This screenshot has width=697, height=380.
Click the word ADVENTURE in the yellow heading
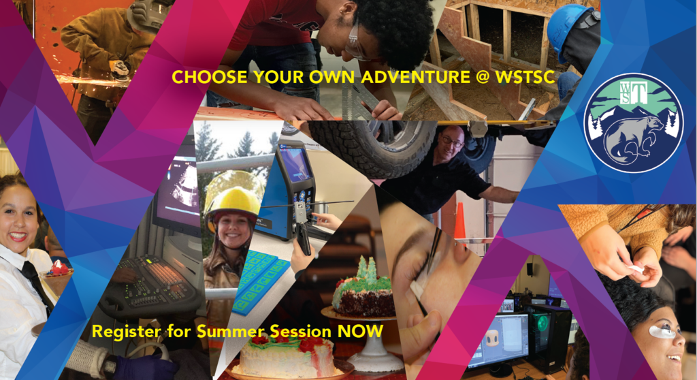pos(415,77)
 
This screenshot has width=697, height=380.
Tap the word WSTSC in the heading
pos(525,77)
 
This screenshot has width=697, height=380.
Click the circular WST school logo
pos(634,123)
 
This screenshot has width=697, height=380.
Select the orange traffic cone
pos(460,221)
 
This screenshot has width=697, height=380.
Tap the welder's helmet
pos(149,14)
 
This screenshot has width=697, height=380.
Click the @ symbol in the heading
pos(483,77)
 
